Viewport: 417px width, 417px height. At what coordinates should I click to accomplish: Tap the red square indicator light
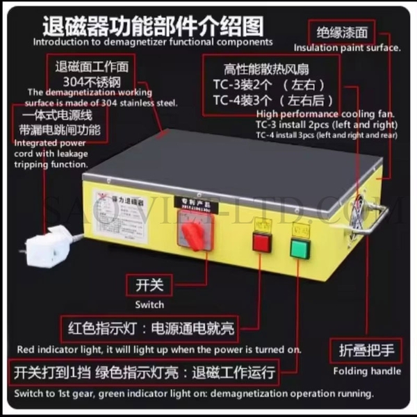pyautogui.click(x=262, y=243)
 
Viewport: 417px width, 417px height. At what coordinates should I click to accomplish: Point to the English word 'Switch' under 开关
pyautogui.click(x=149, y=304)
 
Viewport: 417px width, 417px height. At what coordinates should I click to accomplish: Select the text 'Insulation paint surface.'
pyautogui.click(x=347, y=48)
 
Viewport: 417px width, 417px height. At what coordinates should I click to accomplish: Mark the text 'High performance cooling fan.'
pyautogui.click(x=325, y=113)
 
